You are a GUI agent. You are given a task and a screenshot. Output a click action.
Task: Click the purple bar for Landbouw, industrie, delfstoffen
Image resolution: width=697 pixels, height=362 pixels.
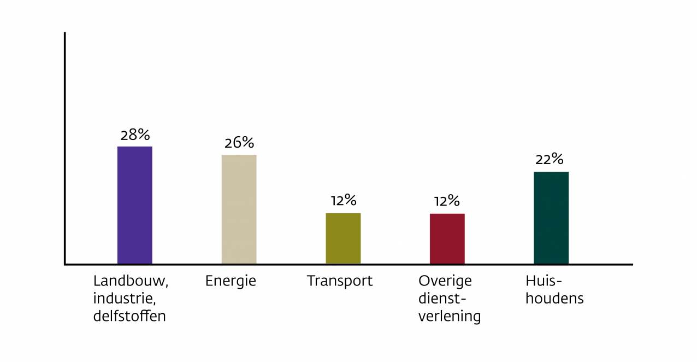(135, 205)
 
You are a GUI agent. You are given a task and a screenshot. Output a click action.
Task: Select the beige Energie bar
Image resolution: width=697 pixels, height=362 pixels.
(239, 209)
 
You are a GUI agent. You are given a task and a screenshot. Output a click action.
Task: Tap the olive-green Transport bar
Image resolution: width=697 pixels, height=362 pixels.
(343, 238)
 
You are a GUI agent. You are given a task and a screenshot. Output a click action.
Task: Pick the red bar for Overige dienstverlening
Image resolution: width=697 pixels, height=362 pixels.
(447, 238)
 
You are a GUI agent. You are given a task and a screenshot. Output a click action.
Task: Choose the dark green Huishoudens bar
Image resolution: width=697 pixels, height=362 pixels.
(551, 218)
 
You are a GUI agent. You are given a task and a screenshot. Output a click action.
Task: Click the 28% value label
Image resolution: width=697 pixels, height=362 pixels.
(135, 135)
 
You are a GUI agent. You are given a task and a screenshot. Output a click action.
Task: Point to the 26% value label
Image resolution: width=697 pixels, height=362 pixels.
(239, 143)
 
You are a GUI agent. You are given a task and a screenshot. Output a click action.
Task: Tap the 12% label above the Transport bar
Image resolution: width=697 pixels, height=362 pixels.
(343, 201)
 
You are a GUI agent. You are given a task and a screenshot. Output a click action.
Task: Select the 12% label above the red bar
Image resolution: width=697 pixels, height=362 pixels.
(447, 201)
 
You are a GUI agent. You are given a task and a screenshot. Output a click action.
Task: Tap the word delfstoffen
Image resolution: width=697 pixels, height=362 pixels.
(129, 316)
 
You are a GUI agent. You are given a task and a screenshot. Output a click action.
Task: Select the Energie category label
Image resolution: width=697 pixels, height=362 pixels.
(231, 282)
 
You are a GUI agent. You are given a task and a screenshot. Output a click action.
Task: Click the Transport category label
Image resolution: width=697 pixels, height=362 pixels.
(339, 281)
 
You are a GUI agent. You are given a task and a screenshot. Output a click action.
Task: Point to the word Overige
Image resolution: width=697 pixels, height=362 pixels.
(445, 282)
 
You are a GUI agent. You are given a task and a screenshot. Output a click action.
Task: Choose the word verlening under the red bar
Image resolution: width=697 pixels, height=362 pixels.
(449, 317)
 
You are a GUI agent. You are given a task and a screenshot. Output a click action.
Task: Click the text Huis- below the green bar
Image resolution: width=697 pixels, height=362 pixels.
(544, 281)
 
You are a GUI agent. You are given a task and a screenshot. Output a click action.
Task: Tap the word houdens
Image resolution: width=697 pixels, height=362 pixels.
(554, 299)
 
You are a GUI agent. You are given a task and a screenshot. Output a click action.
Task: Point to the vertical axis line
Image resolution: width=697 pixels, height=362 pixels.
(64, 148)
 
